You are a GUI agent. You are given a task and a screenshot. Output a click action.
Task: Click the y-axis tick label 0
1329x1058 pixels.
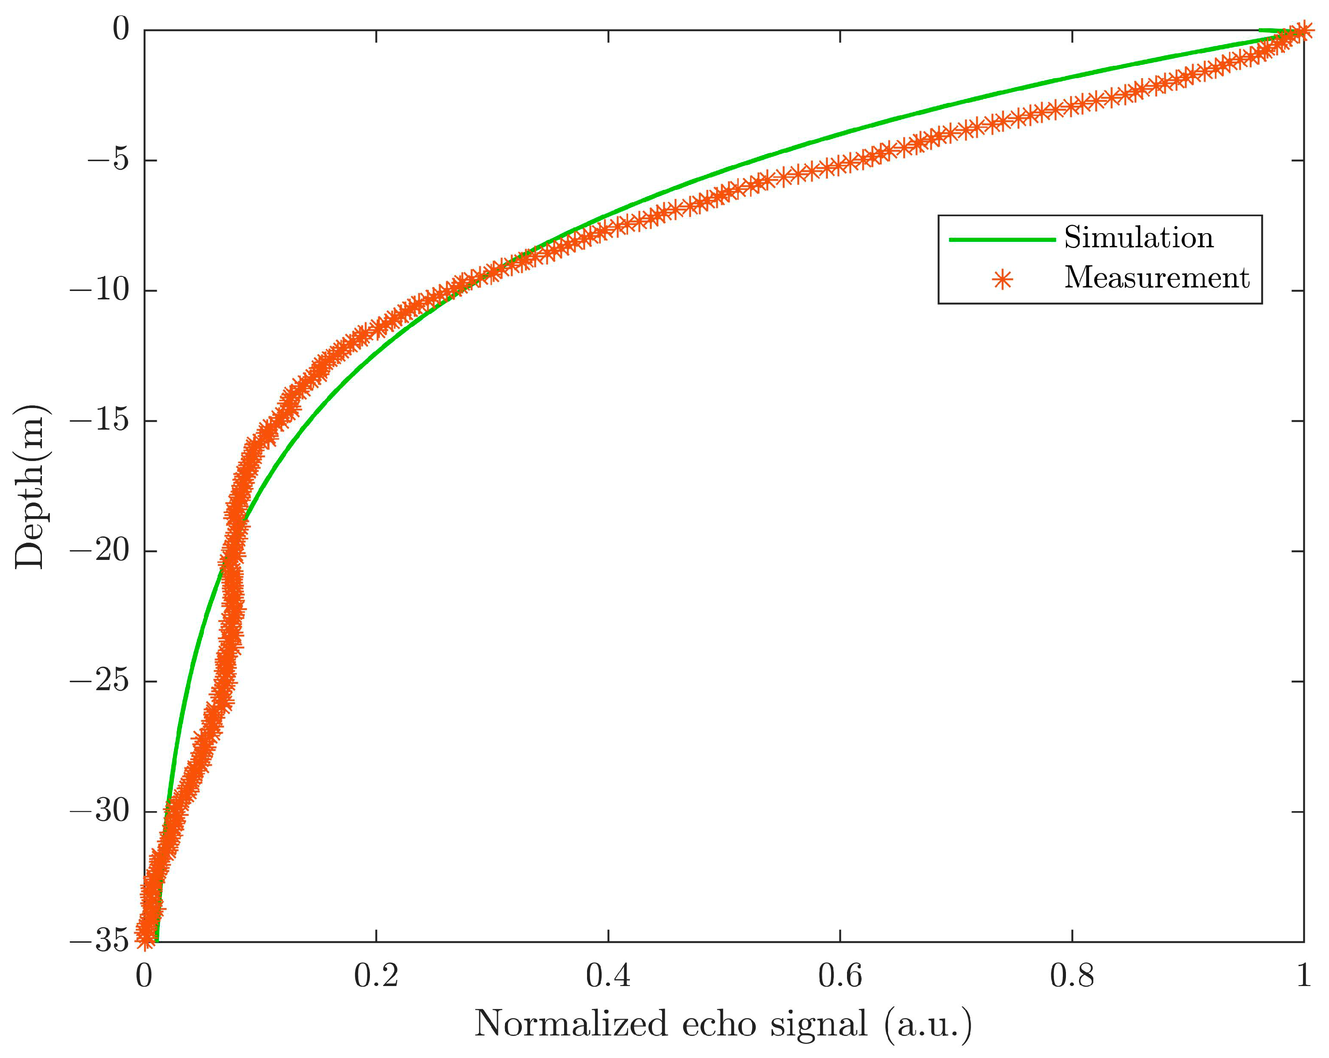coord(121,29)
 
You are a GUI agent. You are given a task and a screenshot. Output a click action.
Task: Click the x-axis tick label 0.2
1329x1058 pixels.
coord(376,977)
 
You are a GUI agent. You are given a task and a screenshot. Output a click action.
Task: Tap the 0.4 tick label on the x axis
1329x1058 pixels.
coord(608,977)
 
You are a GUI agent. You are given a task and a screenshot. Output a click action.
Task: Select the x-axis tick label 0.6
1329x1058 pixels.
coord(840,977)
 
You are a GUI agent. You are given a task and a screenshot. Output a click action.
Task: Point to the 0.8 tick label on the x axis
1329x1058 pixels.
coord(1073,977)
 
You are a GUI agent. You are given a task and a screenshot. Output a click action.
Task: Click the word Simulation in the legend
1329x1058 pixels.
coord(1138,238)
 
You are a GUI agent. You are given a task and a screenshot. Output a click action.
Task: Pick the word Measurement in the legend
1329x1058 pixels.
coord(1156,278)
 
